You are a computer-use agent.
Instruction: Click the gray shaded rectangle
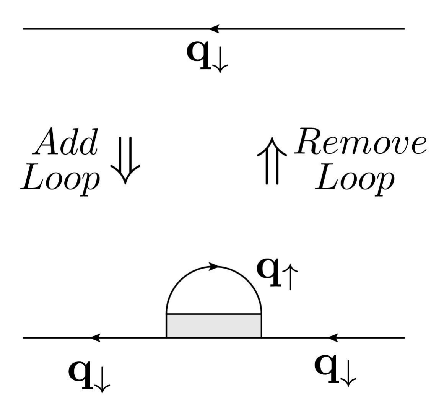[x=214, y=326]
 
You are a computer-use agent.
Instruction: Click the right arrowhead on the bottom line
[x=333, y=338]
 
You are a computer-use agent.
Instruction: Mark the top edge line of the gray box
[x=214, y=314]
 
